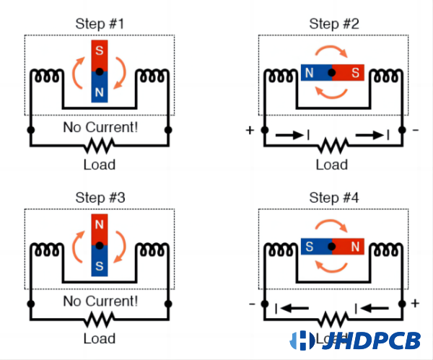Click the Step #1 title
(100, 22)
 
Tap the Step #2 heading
(332, 22)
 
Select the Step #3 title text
(100, 197)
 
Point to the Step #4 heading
(332, 197)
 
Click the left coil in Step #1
(47, 75)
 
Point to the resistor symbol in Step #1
(100, 146)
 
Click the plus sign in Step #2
(250, 131)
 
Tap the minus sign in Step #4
(252, 304)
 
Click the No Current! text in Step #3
(100, 300)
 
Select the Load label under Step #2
(332, 164)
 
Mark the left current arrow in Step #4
(291, 308)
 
